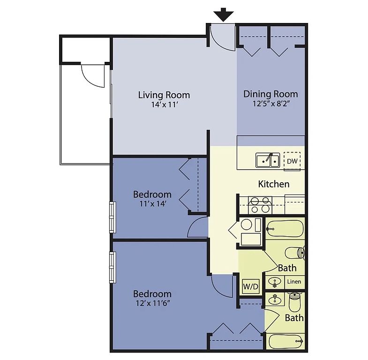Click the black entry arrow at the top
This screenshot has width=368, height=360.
pyautogui.click(x=223, y=15)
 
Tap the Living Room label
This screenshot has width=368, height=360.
pyautogui.click(x=164, y=95)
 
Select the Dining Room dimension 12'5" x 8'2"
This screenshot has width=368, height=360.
pyautogui.click(x=270, y=104)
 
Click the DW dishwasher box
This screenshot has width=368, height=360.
pyautogui.click(x=292, y=161)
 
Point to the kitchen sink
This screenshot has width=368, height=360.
pyautogui.click(x=268, y=160)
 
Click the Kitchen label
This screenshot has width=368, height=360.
pyautogui.click(x=274, y=184)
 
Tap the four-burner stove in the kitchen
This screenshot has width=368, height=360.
pyautogui.click(x=260, y=205)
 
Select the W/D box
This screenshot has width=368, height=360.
pyautogui.click(x=250, y=286)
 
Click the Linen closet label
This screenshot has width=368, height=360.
pyautogui.click(x=294, y=282)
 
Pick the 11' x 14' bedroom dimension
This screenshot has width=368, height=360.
pyautogui.click(x=153, y=204)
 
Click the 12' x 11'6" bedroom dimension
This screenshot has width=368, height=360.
pyautogui.click(x=153, y=303)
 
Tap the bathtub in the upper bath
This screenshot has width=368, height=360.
pyautogui.click(x=285, y=229)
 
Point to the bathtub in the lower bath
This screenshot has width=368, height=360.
pyautogui.click(x=286, y=341)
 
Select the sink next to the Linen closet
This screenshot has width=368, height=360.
pyautogui.click(x=275, y=282)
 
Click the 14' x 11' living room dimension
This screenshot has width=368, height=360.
pyautogui.click(x=164, y=105)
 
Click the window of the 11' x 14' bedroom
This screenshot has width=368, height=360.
pyautogui.click(x=113, y=217)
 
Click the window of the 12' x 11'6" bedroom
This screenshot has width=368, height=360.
pyautogui.click(x=113, y=267)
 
